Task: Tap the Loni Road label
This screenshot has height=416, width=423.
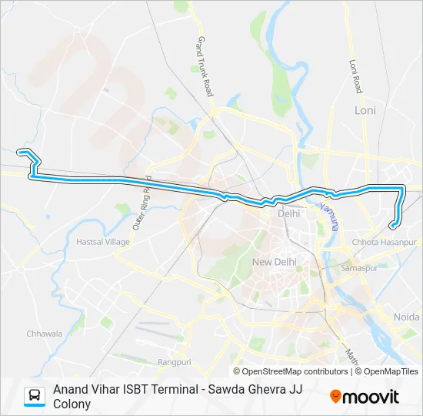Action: [355, 75]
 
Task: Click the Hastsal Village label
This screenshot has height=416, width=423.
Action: [102, 242]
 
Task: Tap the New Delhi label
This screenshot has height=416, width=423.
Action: [274, 262]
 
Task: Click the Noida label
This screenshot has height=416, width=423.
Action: [408, 317]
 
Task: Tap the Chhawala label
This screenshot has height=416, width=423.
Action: [44, 334]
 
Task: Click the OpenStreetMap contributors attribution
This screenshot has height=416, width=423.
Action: [295, 371]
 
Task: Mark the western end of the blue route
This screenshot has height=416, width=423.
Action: [19, 152]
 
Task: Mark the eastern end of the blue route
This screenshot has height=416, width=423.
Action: [392, 226]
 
